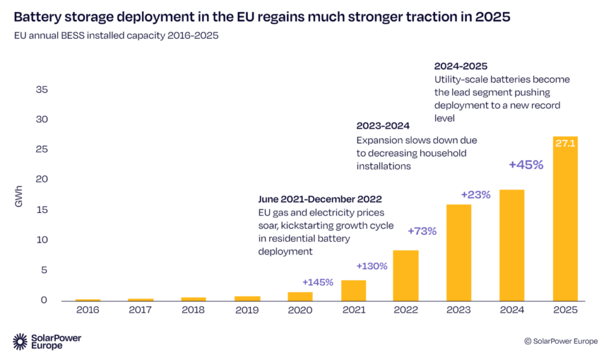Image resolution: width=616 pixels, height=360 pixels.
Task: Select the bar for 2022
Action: coord(405,276)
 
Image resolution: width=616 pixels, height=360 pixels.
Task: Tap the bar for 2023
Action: coord(458,253)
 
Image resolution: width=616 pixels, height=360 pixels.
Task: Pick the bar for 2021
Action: coord(353,290)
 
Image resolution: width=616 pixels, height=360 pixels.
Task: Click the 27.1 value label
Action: coord(565,144)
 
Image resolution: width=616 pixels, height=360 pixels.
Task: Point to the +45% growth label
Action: coord(526,164)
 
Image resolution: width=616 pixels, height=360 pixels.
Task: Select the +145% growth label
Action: coord(318,282)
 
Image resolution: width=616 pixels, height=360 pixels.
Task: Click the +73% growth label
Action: coord(422,231)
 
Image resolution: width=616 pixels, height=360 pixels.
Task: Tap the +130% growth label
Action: coord(372,265)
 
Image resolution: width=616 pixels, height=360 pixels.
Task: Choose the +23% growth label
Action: coord(476,194)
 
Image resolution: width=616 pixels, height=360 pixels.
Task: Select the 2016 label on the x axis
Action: coord(88,310)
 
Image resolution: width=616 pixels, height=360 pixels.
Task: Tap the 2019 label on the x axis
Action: coord(247,310)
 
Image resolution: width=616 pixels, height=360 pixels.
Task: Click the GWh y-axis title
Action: coord(17,199)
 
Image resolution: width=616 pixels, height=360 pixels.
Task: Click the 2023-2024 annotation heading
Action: coord(383,126)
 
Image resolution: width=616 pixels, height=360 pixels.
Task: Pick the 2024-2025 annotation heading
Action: coord(460,66)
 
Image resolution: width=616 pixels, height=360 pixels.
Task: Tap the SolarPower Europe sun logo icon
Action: coord(20,341)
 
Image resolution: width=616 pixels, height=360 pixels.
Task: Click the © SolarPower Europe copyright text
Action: coord(561,341)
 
